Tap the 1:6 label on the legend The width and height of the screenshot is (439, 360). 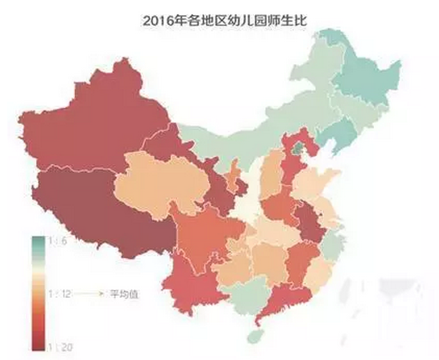pos(58,242)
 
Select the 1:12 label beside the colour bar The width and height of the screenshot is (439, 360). pos(59,293)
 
